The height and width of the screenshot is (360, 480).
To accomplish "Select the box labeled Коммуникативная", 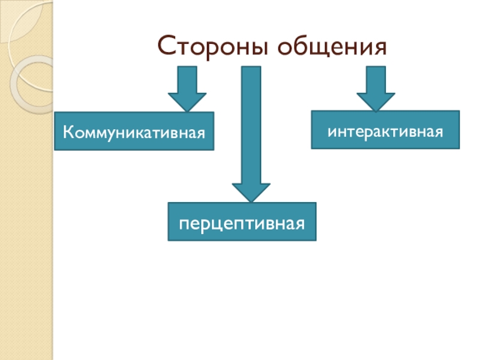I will [134, 131].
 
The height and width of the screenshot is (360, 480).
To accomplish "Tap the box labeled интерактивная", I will [385, 130].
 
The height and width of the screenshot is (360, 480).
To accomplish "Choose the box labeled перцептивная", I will [242, 222].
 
